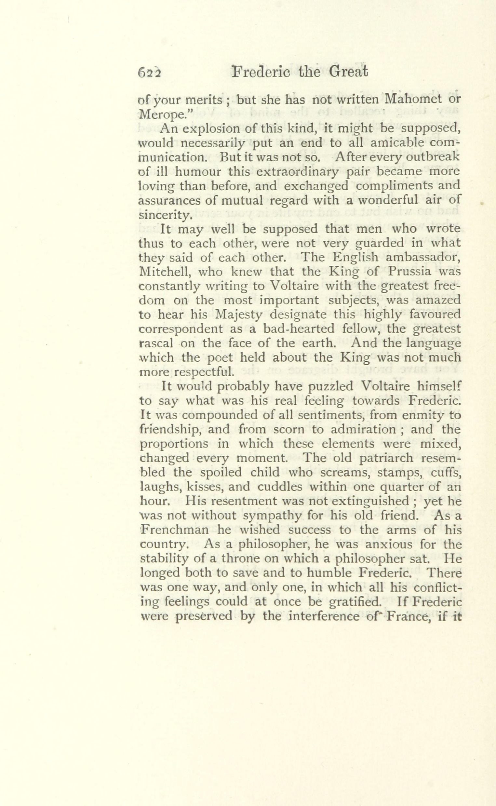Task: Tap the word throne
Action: pyautogui.click(x=243, y=559)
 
